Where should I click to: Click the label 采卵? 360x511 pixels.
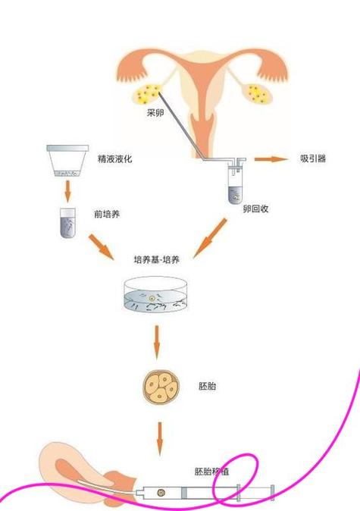pos(155,113)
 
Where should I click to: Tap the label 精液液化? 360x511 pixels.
pos(114,158)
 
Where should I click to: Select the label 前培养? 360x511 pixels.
pos(107,214)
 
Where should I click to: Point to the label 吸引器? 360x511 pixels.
pos(313,158)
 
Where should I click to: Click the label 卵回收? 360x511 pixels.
pos(255,208)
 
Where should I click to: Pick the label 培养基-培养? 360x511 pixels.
pos(156,260)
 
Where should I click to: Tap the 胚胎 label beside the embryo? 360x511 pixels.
pos(207,386)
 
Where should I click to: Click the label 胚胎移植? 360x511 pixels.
pos(211,472)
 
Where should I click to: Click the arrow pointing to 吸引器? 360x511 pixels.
pos(271,159)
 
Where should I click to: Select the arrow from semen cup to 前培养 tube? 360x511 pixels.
pos(67,191)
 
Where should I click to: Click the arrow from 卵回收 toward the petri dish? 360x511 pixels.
pos(209,238)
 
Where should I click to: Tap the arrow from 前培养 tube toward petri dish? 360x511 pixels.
pos(101,246)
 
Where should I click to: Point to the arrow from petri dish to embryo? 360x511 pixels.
pos(157,342)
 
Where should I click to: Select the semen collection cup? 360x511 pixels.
pos(67,161)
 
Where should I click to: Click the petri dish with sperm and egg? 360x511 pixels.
pos(156,294)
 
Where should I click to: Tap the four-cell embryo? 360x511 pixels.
pos(161,387)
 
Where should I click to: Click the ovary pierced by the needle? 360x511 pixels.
pos(146,94)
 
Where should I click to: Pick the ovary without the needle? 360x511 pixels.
pos(258,95)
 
